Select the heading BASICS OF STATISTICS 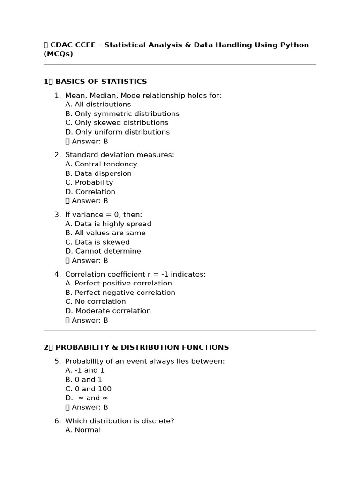(101, 82)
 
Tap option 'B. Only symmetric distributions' (122, 114)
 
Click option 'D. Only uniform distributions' (117, 132)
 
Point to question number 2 (58, 155)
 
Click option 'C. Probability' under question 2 (89, 182)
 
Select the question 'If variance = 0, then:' (104, 215)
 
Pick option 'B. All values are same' (105, 233)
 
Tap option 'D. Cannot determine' (103, 251)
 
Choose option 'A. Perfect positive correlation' (118, 283)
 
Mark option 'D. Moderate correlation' (108, 311)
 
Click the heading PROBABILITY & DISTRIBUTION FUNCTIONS (142, 348)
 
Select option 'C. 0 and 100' (88, 389)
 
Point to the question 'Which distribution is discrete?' (120, 421)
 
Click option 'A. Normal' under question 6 (83, 430)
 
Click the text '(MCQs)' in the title (58, 54)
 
